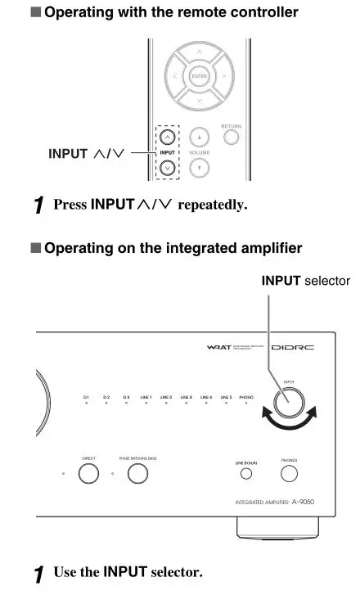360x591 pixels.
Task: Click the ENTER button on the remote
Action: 198,77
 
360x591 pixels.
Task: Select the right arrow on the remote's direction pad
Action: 222,77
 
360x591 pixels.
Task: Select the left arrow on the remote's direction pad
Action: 174,77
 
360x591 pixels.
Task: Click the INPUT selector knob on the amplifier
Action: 290,403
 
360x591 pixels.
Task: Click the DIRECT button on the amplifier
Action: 88,473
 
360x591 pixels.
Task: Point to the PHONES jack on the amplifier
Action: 288,473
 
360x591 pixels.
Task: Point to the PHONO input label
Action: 246,396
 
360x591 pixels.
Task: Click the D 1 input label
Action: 86,396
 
